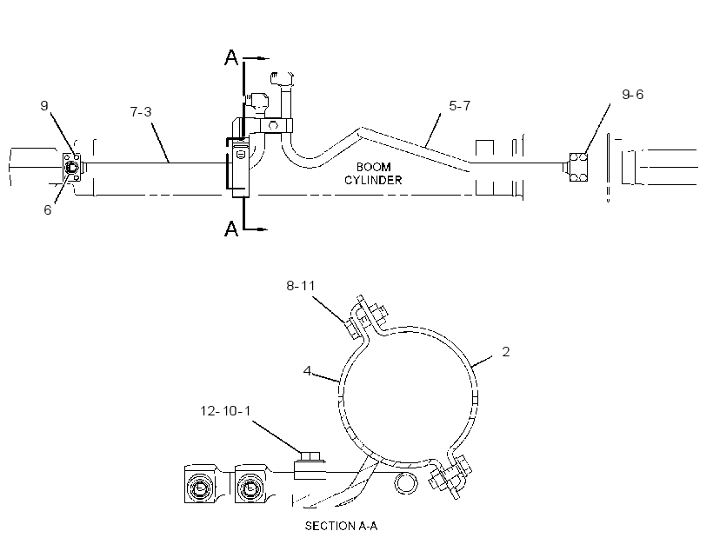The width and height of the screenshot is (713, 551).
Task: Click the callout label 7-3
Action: tap(141, 111)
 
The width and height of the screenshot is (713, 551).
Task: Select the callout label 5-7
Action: tap(459, 105)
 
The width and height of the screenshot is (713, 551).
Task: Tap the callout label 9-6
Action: tap(632, 94)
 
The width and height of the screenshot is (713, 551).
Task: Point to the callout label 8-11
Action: tap(301, 286)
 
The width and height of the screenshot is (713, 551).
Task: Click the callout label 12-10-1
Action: tap(225, 411)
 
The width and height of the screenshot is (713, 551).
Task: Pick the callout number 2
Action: tap(506, 351)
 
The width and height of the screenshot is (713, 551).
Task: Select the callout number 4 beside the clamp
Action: tap(308, 371)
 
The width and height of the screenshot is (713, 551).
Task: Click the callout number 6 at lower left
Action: tap(47, 209)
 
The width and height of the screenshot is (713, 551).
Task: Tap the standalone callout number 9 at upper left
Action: tap(44, 105)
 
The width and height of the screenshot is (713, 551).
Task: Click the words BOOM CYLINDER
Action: tap(373, 174)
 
